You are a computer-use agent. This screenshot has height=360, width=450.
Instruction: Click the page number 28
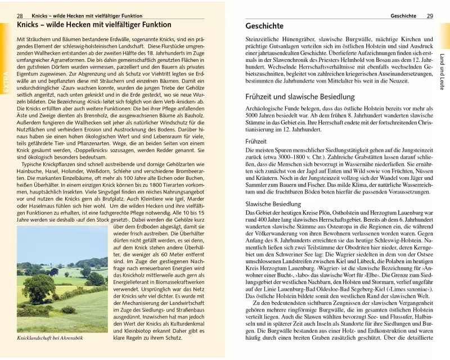click(x=20, y=16)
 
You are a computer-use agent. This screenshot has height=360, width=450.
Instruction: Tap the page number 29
click(x=430, y=16)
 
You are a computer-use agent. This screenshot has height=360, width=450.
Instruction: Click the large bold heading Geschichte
click(x=265, y=26)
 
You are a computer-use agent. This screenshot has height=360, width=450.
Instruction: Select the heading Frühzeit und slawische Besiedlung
click(x=300, y=97)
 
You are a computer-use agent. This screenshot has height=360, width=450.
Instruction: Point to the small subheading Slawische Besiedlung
click(x=274, y=203)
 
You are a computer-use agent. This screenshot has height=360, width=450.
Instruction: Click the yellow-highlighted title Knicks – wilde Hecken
click(x=94, y=26)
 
